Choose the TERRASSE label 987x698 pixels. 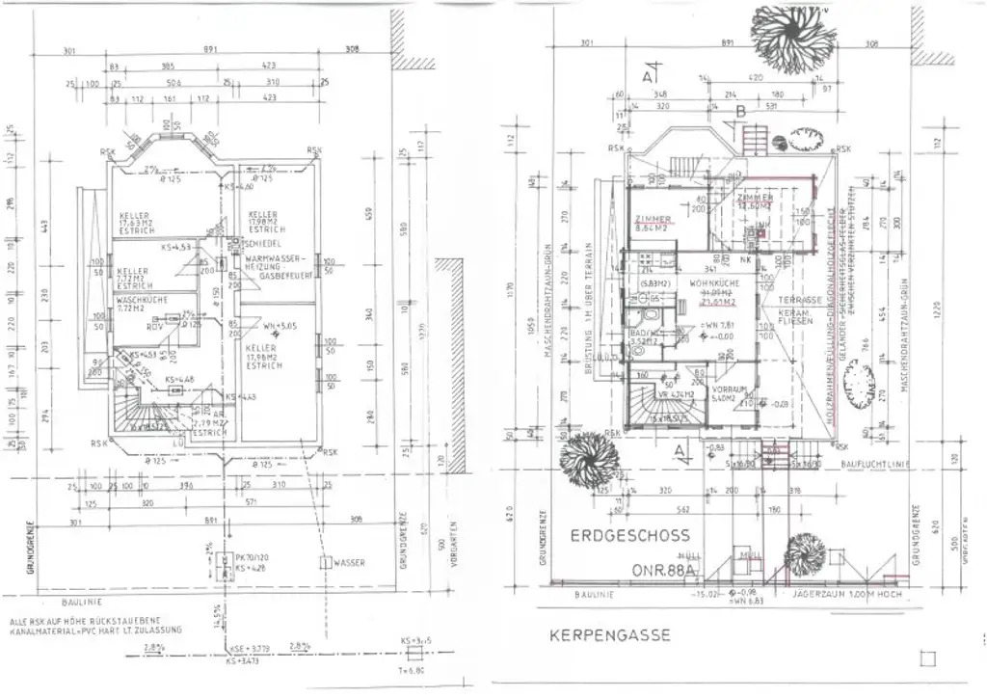(801, 301)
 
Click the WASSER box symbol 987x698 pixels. (329, 561)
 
